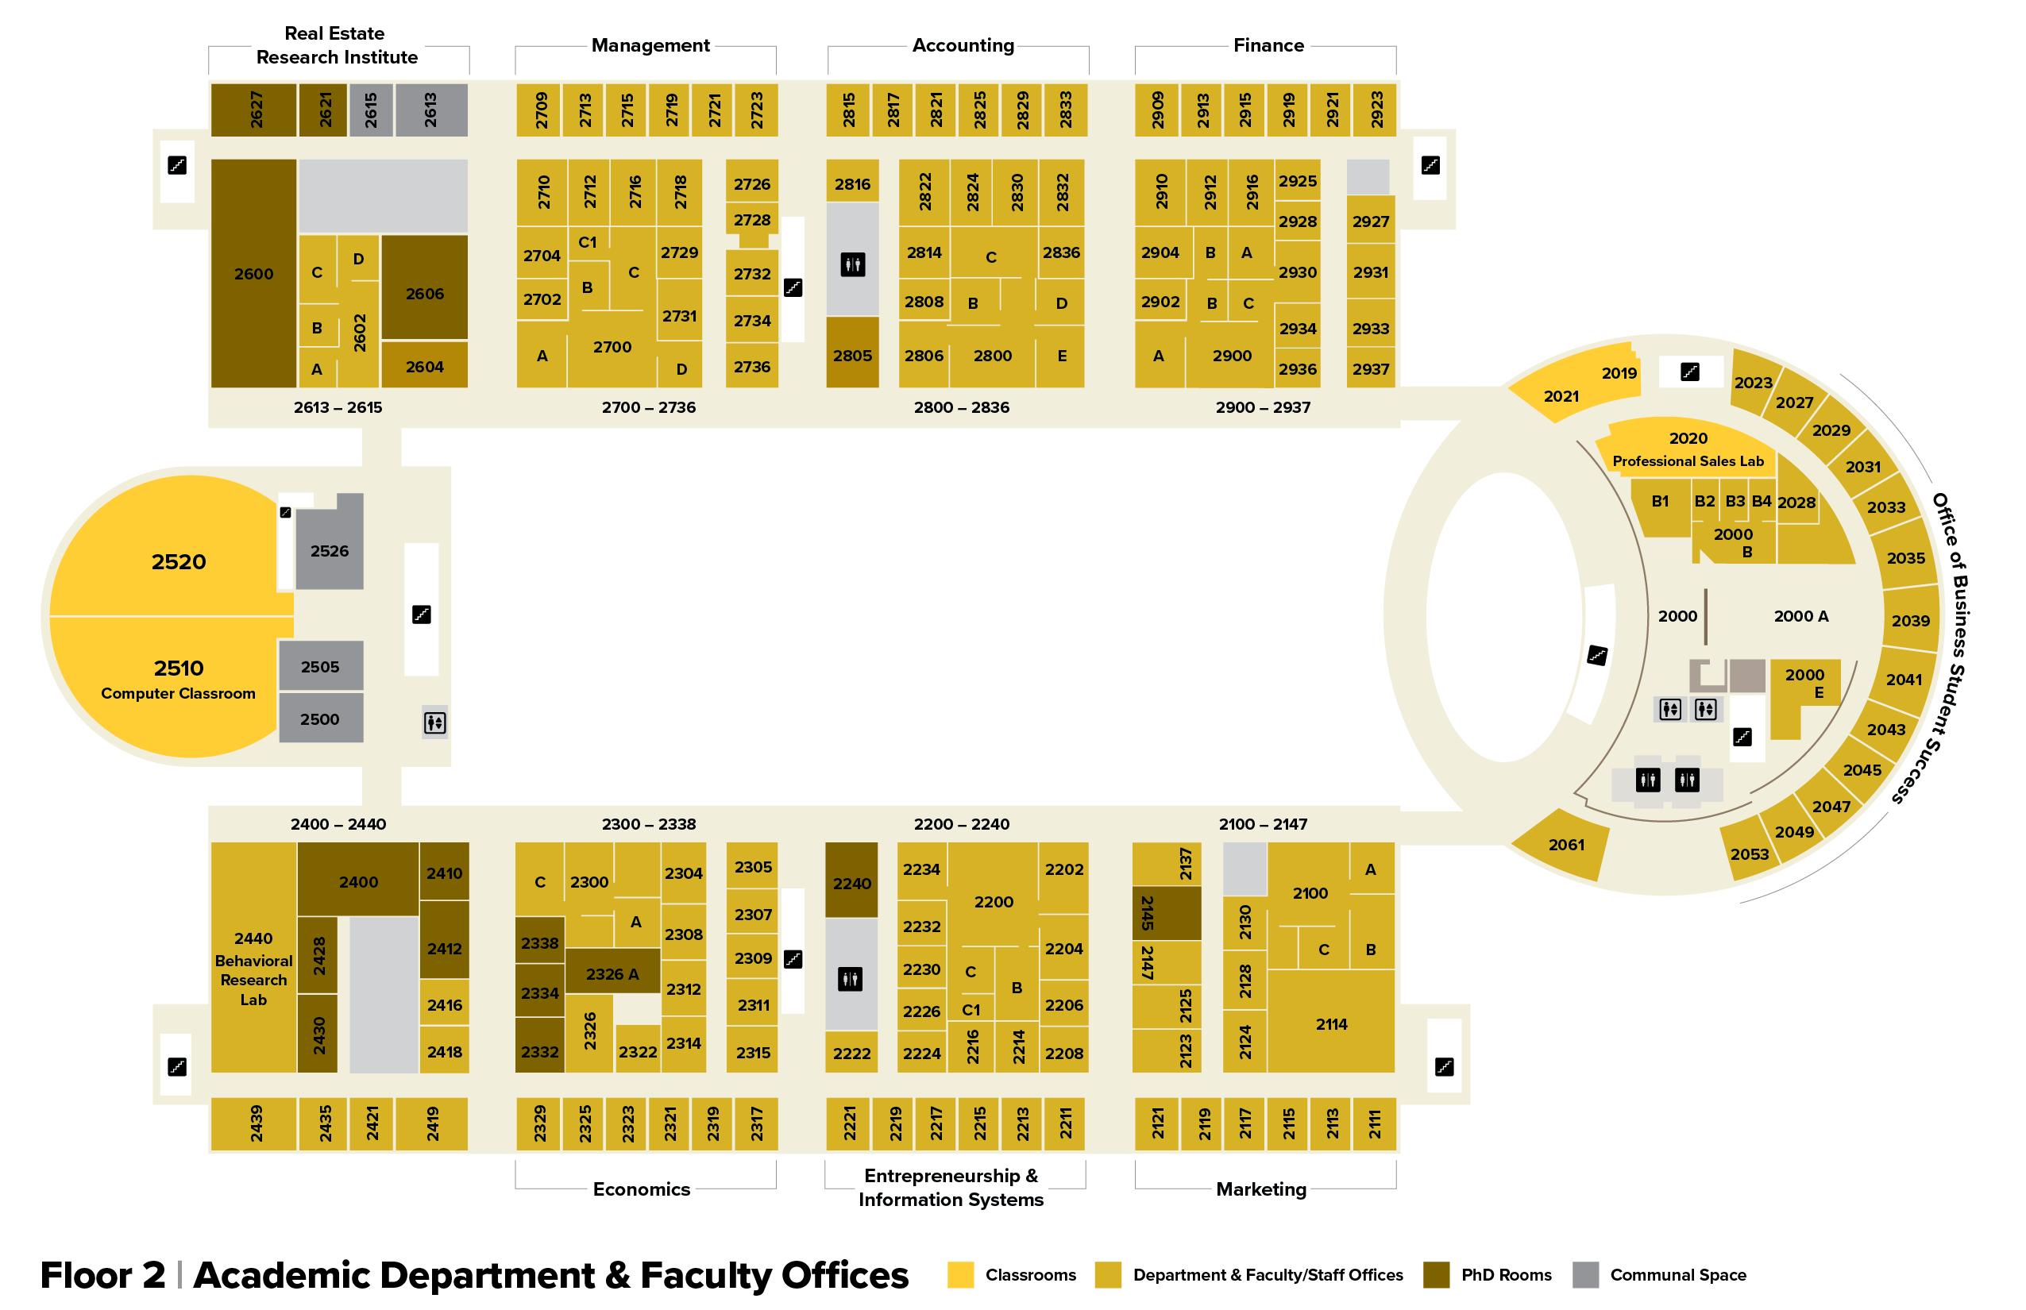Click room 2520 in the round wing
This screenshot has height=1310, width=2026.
coord(178,561)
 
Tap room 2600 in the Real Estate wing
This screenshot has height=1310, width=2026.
coord(253,274)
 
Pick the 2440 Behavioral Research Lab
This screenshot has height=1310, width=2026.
coord(253,968)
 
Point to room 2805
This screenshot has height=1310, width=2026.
coord(851,356)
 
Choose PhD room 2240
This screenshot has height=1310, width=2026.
coord(851,883)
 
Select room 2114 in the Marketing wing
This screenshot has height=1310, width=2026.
coord(1331,1024)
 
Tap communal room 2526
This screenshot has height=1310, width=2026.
coord(330,550)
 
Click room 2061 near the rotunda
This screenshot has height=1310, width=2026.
coord(1565,844)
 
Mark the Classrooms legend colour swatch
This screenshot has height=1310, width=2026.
coord(960,1274)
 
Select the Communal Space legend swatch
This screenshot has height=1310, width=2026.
coord(1584,1274)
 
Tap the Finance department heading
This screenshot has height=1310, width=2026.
coord(1268,45)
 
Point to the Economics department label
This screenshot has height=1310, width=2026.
coord(641,1189)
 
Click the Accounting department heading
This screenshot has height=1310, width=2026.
coord(963,45)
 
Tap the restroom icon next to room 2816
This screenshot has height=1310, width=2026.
coord(851,264)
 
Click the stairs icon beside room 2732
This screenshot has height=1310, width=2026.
coord(792,287)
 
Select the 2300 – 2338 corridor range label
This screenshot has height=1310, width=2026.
coord(648,823)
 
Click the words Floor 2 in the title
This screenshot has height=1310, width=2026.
coord(102,1274)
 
